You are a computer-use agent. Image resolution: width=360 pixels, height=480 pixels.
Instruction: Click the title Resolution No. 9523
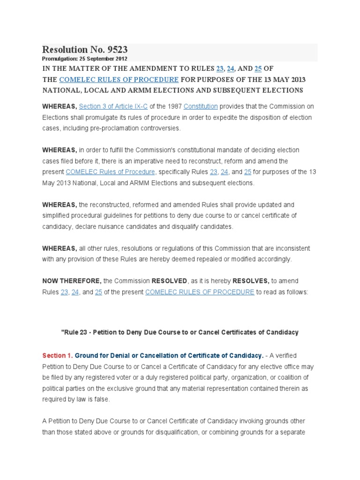click(x=85, y=50)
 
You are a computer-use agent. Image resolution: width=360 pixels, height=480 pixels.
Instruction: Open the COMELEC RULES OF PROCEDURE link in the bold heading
click(x=119, y=79)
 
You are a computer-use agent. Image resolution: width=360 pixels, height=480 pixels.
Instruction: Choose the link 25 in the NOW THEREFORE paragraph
click(x=98, y=292)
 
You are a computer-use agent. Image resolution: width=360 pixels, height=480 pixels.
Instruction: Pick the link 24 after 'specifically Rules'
click(x=225, y=172)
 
